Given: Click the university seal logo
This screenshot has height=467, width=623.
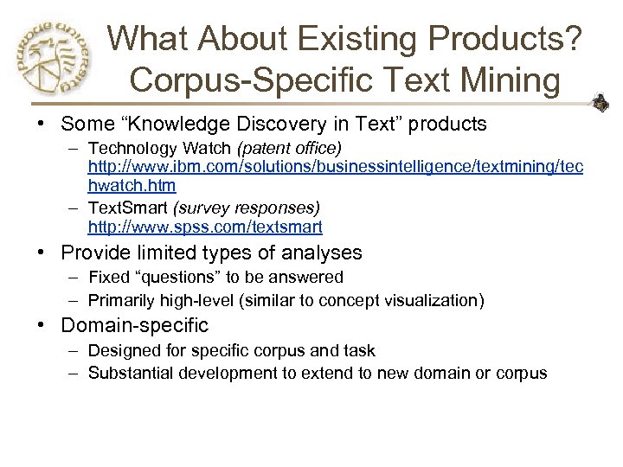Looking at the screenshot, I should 48,59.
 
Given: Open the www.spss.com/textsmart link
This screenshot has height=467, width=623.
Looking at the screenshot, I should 205,227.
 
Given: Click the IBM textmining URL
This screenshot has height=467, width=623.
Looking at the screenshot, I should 335,165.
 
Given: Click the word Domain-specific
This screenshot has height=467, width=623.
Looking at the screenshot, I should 135,325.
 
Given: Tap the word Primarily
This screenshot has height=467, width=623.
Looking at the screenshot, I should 122,300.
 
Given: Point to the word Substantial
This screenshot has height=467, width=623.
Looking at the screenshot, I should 130,373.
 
